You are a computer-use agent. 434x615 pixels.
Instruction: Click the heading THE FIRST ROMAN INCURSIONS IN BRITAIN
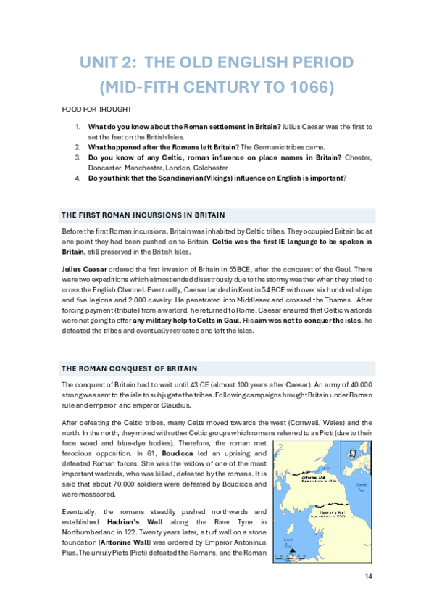pyautogui.click(x=143, y=215)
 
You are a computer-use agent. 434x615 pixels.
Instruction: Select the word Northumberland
pyautogui.click(x=92, y=532)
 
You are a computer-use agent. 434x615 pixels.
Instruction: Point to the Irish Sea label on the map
pyautogui.click(x=288, y=543)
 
